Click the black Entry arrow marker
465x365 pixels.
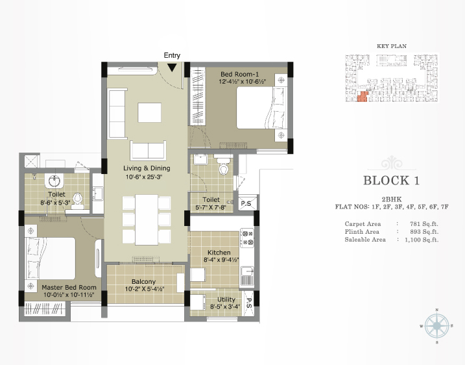(x=172, y=68)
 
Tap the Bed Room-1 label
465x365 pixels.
(x=239, y=74)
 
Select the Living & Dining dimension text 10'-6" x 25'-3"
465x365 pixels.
(x=144, y=177)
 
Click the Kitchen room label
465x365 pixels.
(x=219, y=253)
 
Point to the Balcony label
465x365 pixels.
(x=143, y=282)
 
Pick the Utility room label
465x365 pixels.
(x=226, y=299)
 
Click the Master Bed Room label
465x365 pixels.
(x=69, y=288)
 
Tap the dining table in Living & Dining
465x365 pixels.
(x=147, y=220)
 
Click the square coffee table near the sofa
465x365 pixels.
(x=149, y=112)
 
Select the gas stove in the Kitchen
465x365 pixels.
(x=246, y=238)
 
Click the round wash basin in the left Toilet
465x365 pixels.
(x=54, y=181)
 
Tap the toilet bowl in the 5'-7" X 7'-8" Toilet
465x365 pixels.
(x=223, y=167)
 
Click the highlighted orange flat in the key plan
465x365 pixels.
(x=363, y=97)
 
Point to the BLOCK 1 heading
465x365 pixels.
(x=392, y=181)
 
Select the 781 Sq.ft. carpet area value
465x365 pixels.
(x=423, y=224)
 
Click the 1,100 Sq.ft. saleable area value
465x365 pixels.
(x=422, y=240)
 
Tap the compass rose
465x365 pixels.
(x=436, y=326)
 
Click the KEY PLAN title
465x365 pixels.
(x=392, y=46)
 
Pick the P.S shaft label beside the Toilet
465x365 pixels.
(x=246, y=204)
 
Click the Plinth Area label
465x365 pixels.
(x=362, y=232)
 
